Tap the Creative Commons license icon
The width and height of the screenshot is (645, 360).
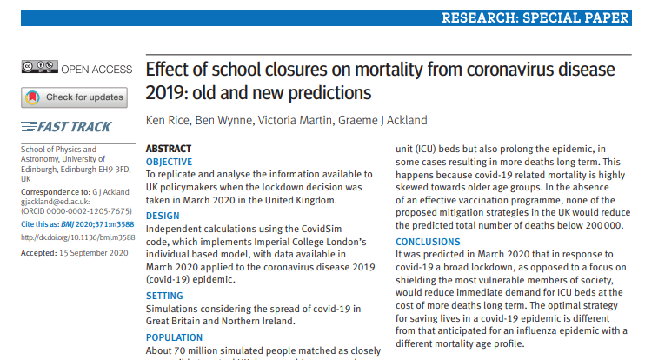pyautogui.click(x=39, y=68)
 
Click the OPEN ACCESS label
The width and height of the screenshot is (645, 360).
pyautogui.click(x=97, y=69)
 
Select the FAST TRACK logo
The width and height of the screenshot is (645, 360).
pyautogui.click(x=67, y=127)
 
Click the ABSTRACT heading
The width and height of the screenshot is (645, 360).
pyautogui.click(x=169, y=149)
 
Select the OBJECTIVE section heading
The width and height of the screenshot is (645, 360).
pyautogui.click(x=170, y=162)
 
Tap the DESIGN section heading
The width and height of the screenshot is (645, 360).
pyautogui.click(x=163, y=216)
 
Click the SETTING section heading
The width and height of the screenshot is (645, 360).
pyautogui.click(x=164, y=296)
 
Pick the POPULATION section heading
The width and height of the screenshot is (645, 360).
pyautogui.click(x=174, y=337)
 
